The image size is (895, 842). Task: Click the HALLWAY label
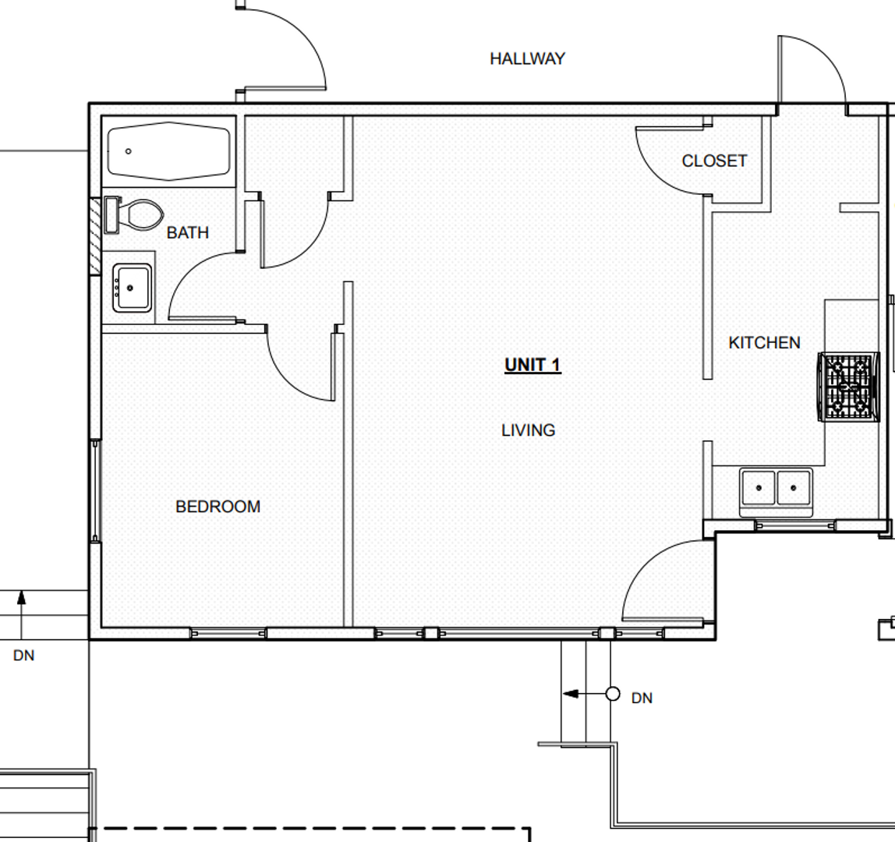coord(527,58)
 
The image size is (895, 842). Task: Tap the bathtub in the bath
coord(169,151)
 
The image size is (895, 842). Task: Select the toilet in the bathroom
coord(134,214)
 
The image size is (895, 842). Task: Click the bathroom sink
coord(133,288)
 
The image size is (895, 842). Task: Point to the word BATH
coord(188,233)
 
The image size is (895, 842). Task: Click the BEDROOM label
coord(218,507)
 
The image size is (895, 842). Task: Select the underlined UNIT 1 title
coord(533,366)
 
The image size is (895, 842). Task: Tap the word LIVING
coord(529,430)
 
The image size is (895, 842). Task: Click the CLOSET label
coord(715,161)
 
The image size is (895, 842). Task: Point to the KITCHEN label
coord(764,343)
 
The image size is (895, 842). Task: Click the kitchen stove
coord(849,387)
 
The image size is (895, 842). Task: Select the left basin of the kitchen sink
coord(758,487)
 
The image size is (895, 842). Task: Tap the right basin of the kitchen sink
coord(794,487)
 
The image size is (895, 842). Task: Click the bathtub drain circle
coord(129,151)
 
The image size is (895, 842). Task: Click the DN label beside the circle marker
coord(642,698)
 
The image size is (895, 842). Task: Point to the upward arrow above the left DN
coord(22,614)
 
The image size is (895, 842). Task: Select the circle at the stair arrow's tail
coord(613,694)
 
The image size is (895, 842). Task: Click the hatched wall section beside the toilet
coord(95,235)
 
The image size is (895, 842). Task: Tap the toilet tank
coord(112,214)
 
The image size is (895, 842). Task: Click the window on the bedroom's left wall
coord(95,491)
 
